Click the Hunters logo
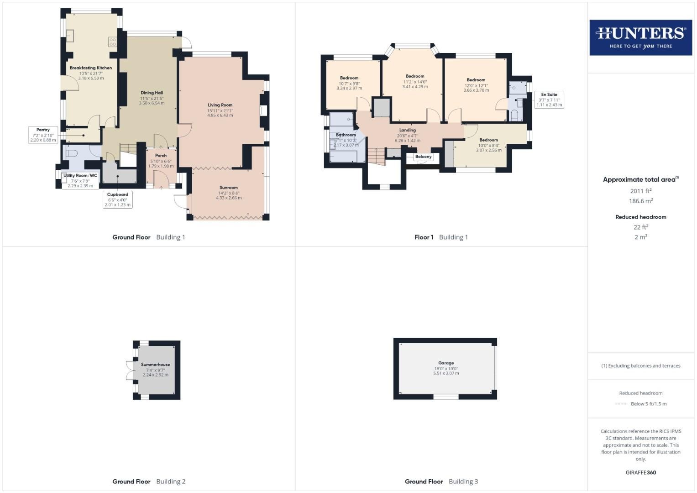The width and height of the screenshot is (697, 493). pyautogui.click(x=641, y=37)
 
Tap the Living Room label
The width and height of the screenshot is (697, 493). pyautogui.click(x=220, y=105)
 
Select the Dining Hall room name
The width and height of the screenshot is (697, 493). pyautogui.click(x=152, y=93)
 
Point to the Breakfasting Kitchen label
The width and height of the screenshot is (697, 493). pyautogui.click(x=91, y=68)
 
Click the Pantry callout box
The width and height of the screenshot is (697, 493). pyautogui.click(x=43, y=135)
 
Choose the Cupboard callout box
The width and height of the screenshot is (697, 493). pyautogui.click(x=118, y=199)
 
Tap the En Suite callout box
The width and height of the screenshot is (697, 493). pyautogui.click(x=549, y=100)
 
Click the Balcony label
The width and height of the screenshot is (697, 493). pyautogui.click(x=424, y=157)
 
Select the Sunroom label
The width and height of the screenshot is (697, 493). pyautogui.click(x=229, y=187)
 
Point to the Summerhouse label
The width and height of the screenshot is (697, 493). pyautogui.click(x=155, y=364)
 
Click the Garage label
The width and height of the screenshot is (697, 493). pyautogui.click(x=446, y=363)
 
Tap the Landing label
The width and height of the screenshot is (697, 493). pyautogui.click(x=408, y=130)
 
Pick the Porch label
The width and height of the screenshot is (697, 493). pyautogui.click(x=161, y=156)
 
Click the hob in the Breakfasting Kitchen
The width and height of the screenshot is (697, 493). pyautogui.click(x=112, y=42)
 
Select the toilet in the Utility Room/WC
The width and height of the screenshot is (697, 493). pyautogui.click(x=71, y=153)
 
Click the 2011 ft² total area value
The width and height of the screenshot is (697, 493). pyautogui.click(x=641, y=191)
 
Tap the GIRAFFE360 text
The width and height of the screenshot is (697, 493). pyautogui.click(x=641, y=472)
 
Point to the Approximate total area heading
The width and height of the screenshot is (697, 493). pyautogui.click(x=641, y=179)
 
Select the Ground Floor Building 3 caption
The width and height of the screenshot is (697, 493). pyautogui.click(x=441, y=482)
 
